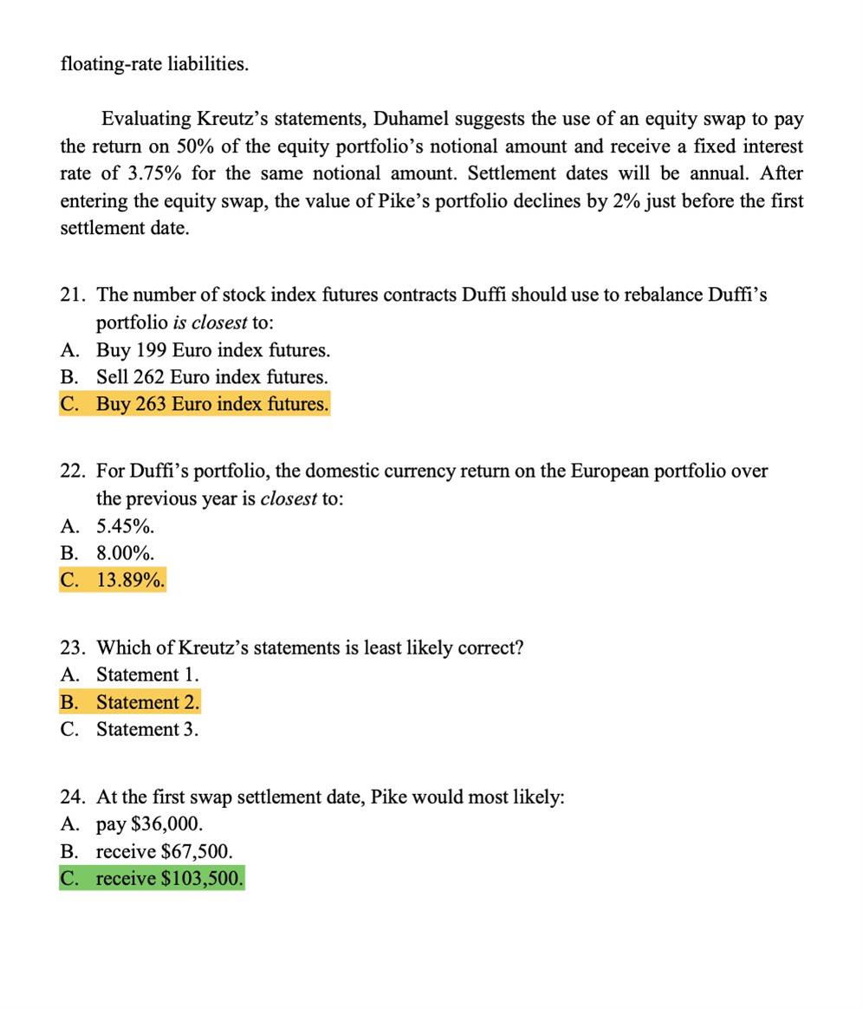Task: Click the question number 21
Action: coord(73,295)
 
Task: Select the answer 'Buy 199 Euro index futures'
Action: coord(212,350)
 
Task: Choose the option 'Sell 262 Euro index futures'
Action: coord(211,377)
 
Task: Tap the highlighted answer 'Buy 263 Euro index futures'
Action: coord(212,404)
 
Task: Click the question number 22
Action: coord(73,471)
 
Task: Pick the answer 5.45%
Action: coord(125,526)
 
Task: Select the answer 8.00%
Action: coord(125,553)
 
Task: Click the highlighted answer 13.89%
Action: coord(130,580)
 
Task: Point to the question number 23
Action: coord(73,648)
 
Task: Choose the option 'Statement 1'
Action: coord(147,674)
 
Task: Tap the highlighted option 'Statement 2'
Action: coord(147,702)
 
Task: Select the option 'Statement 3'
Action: coord(147,729)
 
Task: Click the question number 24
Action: coord(73,797)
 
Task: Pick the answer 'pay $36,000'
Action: coord(149,823)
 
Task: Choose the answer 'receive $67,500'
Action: coord(164,851)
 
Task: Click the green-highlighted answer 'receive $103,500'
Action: coord(169,878)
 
